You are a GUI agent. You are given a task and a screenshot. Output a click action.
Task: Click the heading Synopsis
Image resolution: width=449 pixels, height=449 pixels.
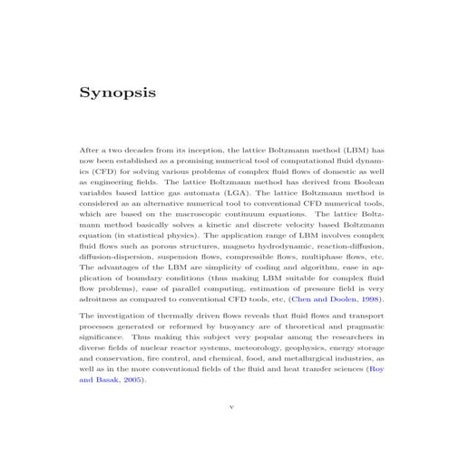click(117, 93)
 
